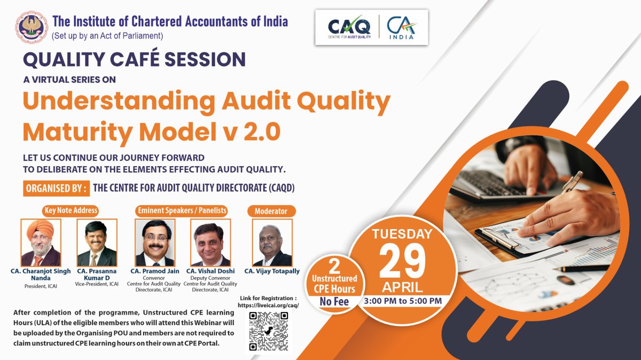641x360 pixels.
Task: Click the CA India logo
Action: click(x=401, y=27)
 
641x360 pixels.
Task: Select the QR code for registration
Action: click(x=269, y=331)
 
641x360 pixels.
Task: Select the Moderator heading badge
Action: click(x=271, y=211)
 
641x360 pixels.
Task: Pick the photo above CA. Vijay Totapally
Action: click(x=272, y=242)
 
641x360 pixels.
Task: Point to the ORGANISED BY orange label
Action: click(x=55, y=188)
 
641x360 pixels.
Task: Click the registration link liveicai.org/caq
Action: click(x=269, y=305)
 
